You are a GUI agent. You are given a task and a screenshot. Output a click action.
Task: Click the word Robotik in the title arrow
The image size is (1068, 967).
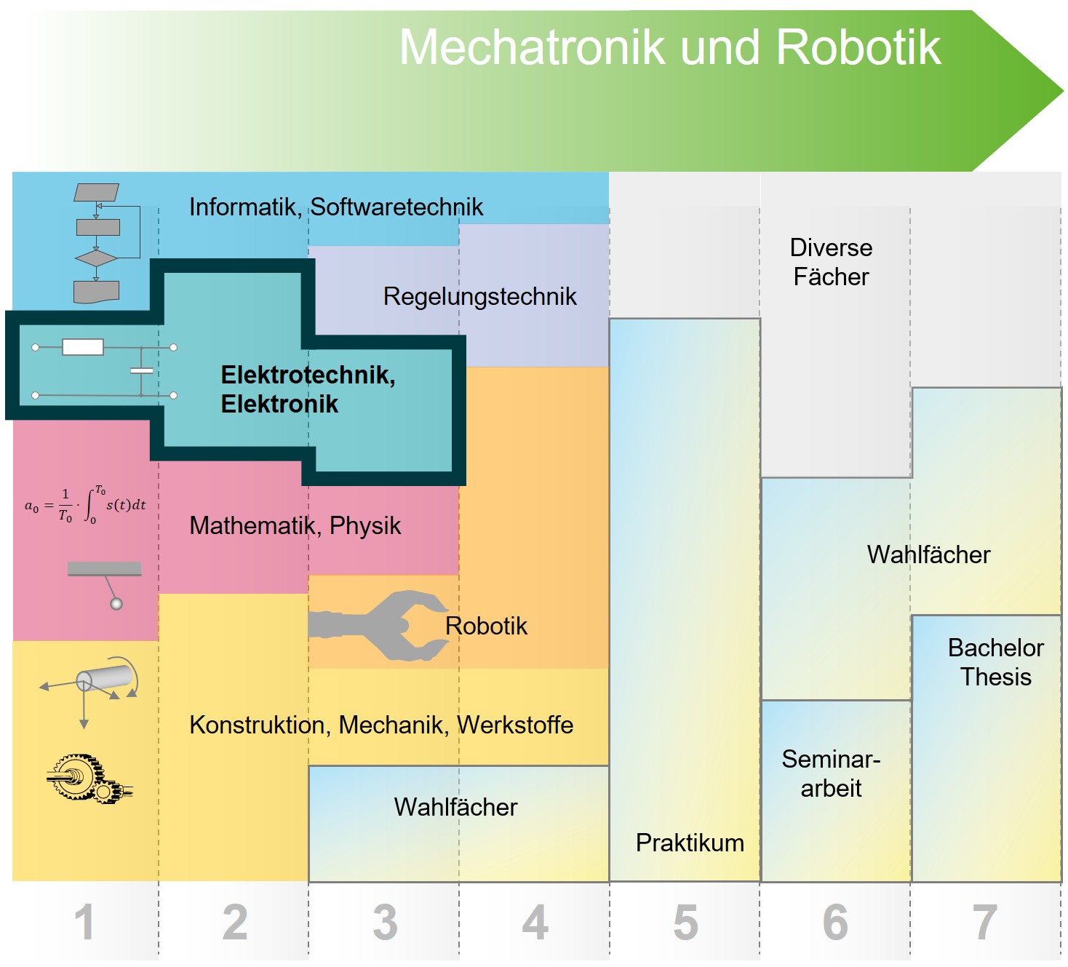[858, 48]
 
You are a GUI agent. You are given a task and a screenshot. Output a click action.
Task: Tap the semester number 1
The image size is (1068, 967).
[84, 922]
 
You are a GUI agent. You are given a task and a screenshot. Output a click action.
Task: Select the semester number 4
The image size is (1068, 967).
[535, 922]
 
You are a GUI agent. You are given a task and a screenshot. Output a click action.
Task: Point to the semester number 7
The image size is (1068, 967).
[984, 922]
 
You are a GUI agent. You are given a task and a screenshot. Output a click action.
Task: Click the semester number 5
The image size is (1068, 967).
[685, 922]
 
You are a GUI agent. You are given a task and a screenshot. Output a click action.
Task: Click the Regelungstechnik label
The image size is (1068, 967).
[479, 296]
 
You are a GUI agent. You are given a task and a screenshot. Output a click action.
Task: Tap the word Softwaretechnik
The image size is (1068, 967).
[396, 207]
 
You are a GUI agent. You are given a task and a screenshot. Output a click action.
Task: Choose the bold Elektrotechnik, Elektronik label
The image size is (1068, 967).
[308, 389]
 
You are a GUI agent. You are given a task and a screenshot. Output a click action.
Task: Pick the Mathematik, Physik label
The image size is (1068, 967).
[295, 525]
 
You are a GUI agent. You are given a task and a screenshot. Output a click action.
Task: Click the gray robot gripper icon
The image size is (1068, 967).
[382, 626]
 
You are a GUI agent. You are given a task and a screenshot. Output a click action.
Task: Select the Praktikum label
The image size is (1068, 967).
[690, 843]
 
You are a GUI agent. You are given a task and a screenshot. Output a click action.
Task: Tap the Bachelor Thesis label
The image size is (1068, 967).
[995, 662]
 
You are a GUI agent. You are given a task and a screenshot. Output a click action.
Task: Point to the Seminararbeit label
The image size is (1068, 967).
[831, 773]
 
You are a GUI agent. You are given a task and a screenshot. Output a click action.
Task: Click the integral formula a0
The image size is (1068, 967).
[85, 505]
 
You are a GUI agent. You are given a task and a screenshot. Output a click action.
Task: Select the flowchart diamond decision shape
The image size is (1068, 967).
[96, 258]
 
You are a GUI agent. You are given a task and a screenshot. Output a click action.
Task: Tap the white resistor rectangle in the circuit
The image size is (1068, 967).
[83, 347]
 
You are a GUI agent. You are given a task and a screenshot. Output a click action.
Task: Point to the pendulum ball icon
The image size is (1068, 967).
[116, 603]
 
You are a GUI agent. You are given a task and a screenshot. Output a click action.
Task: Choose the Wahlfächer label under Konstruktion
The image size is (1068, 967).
[455, 807]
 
